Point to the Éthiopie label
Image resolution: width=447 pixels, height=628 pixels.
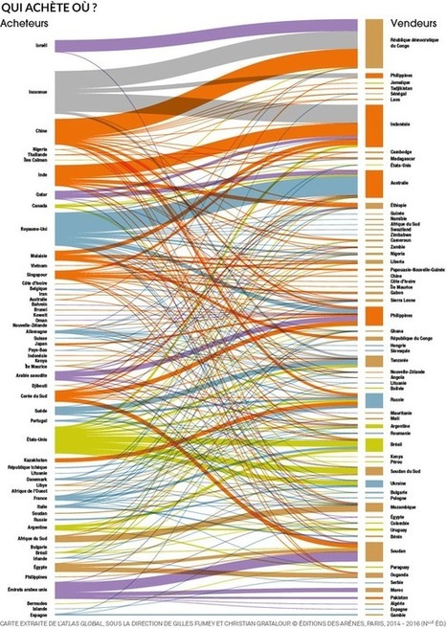[x=399, y=206]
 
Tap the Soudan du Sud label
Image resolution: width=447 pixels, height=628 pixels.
[x=405, y=472]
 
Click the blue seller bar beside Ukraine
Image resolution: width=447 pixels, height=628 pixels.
[x=375, y=484]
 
